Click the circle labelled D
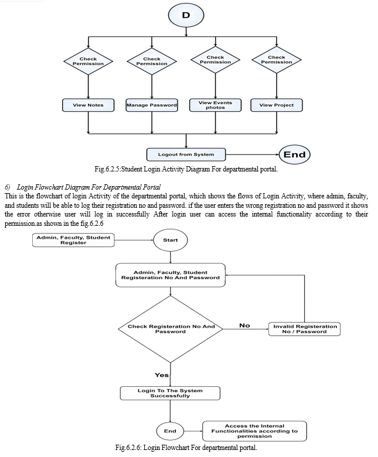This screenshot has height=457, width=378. click(x=186, y=15)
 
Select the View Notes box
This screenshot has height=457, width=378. click(x=88, y=105)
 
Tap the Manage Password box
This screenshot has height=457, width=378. click(x=152, y=105)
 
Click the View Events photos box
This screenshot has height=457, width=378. click(x=216, y=105)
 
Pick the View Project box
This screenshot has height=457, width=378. click(x=277, y=105)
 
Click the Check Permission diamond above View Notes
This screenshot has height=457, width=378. click(x=88, y=61)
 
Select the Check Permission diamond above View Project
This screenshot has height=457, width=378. click(x=277, y=60)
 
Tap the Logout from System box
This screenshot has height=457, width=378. click(x=186, y=154)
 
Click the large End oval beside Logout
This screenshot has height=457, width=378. click(x=295, y=154)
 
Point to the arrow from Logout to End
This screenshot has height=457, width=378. click(x=253, y=154)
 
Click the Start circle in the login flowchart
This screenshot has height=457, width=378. click(x=171, y=240)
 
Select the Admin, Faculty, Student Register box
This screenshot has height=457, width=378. click(x=73, y=240)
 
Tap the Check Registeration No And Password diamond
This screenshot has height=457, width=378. click(x=171, y=329)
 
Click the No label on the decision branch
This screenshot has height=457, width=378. click(x=244, y=325)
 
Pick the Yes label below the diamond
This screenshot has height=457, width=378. click(x=162, y=375)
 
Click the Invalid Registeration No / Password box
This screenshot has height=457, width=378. click(x=304, y=329)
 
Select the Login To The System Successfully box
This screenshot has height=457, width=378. click(x=170, y=393)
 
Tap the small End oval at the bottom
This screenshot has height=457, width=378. click(x=170, y=431)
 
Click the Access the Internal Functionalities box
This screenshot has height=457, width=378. click(x=254, y=431)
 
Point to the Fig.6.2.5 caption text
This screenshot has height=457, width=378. click(x=186, y=169)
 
